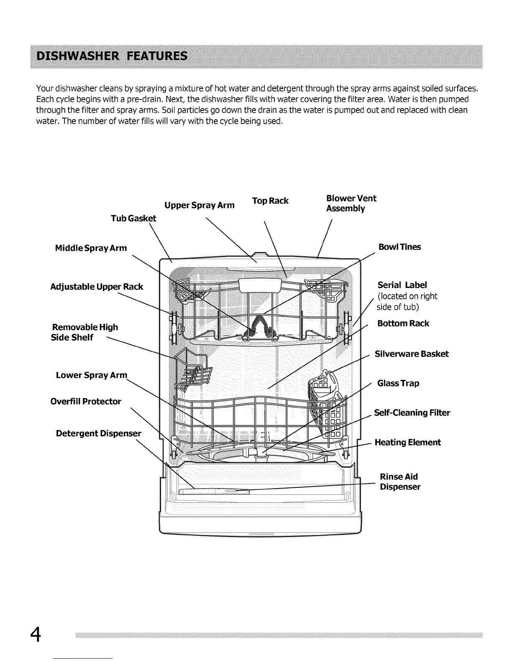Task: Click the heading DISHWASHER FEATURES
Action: click(112, 56)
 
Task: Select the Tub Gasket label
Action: click(133, 218)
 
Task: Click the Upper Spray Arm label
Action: click(199, 205)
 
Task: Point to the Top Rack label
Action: click(270, 201)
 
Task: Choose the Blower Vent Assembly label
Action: click(351, 203)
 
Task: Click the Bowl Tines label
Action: click(399, 247)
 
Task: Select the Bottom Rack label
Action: click(403, 323)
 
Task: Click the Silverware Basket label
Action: click(412, 354)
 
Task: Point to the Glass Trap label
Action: click(398, 383)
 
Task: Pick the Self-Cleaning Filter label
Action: click(412, 413)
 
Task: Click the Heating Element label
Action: click(407, 443)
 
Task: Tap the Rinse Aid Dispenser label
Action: click(400, 482)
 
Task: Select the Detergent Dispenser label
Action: click(99, 433)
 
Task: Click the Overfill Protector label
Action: click(86, 402)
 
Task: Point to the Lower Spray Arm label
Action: click(91, 375)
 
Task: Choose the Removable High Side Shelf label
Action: click(84, 332)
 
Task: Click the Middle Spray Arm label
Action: click(91, 248)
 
